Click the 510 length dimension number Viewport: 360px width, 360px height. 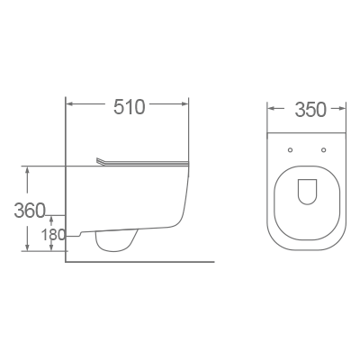tap(130, 108)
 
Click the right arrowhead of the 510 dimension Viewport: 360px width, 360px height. tap(187, 108)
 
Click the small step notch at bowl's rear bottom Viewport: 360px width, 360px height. tap(79, 236)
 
